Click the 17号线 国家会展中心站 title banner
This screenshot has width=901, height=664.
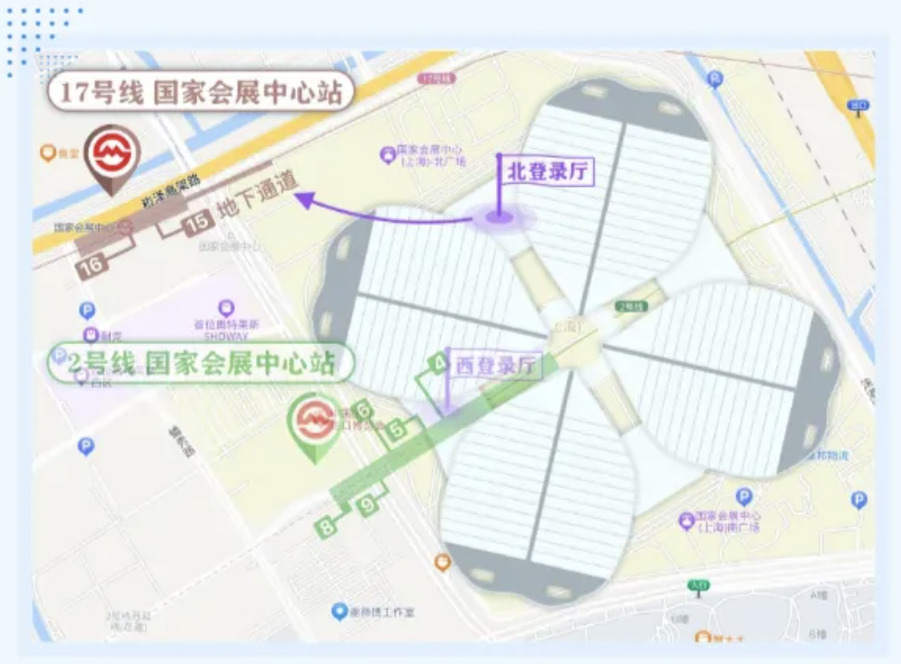point(200,92)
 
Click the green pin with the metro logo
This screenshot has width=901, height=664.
point(315,422)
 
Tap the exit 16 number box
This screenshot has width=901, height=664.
point(93,264)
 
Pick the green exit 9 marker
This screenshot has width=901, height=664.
point(368,505)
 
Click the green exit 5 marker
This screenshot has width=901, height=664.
point(396,429)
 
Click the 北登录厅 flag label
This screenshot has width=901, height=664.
point(549,171)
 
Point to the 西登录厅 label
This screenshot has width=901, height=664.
point(496,365)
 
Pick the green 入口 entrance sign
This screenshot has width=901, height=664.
point(696,585)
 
